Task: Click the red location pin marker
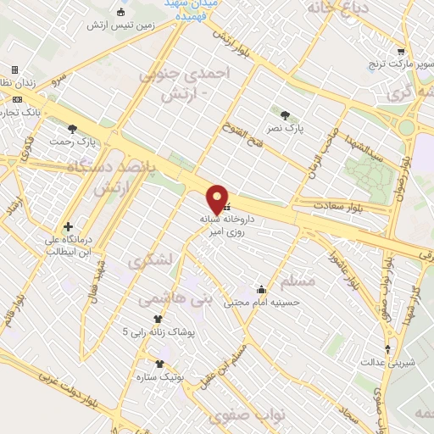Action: [218, 198]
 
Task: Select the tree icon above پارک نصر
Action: [285, 114]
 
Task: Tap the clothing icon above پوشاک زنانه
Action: [157, 318]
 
